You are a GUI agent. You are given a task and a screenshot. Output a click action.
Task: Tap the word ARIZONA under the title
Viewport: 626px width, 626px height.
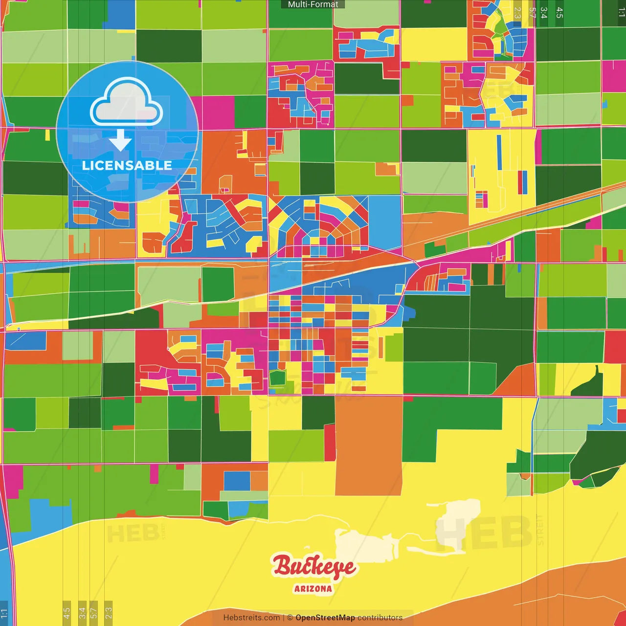(313, 589)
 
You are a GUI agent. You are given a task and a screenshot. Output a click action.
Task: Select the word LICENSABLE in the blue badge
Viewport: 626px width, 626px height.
(127, 165)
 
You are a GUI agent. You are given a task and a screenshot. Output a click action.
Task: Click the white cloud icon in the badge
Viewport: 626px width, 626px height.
(126, 103)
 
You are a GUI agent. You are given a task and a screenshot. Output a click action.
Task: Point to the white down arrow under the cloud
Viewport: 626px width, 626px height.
(120, 140)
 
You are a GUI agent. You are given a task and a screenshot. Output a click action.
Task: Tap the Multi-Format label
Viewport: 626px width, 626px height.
(313, 4)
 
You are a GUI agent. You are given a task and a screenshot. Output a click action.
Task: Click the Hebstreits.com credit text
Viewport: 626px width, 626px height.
(251, 618)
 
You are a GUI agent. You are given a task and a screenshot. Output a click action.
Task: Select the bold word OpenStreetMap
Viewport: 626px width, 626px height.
(325, 618)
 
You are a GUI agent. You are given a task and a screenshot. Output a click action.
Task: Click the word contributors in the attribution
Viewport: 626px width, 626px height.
(380, 618)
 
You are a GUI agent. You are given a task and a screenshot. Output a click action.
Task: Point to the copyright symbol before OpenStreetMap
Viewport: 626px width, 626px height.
(290, 618)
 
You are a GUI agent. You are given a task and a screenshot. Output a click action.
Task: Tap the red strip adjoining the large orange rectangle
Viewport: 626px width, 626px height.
(330, 443)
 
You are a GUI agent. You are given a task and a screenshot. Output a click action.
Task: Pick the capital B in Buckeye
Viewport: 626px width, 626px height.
(282, 566)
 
